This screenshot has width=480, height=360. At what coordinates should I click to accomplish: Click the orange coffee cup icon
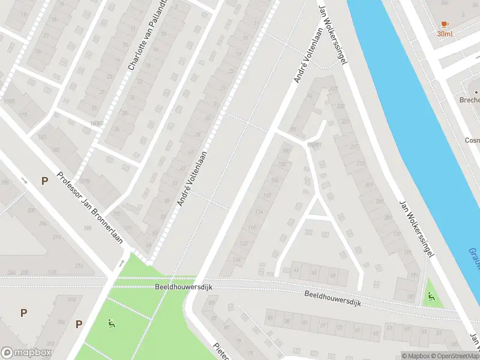[x=444, y=24]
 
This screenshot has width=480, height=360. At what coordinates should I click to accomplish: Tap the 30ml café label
[x=445, y=34]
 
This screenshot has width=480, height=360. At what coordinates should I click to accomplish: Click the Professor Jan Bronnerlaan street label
[x=89, y=209]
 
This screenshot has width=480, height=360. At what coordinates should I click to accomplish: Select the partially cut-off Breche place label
[x=469, y=100]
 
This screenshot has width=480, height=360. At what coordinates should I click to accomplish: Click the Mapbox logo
[x=26, y=352]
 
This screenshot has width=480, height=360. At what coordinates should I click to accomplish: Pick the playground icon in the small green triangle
[x=431, y=296]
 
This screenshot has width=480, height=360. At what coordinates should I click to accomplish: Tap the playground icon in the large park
[x=111, y=325]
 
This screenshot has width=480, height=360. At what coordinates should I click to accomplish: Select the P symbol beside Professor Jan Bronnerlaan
[x=44, y=181]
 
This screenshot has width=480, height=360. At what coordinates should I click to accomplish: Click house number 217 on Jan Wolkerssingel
[x=353, y=147]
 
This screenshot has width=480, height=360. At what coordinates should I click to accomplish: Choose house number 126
[x=237, y=260]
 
